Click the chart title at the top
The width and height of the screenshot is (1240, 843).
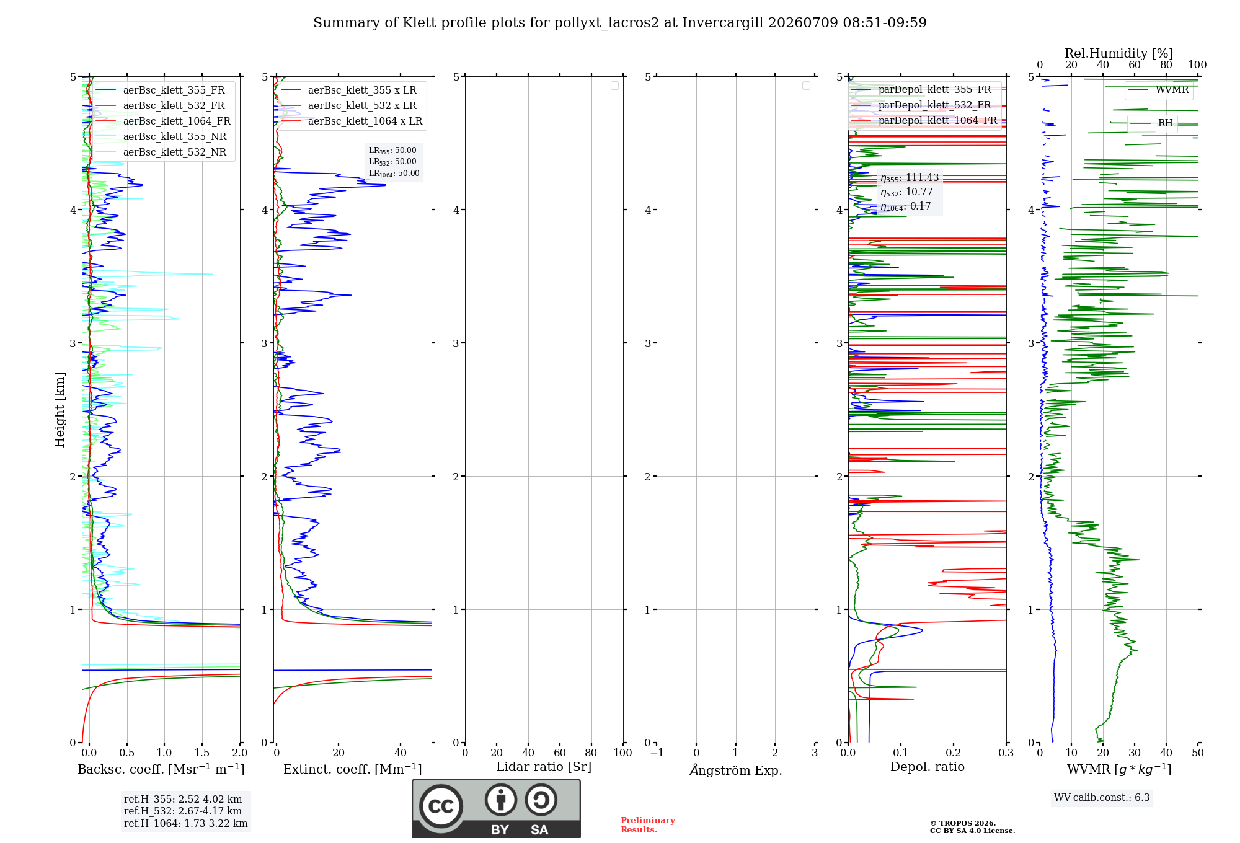[x=619, y=23]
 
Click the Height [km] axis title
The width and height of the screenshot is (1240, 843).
[x=60, y=410]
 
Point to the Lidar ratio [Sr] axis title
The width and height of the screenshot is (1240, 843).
[x=544, y=767]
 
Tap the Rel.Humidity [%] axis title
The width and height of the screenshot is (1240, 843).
[x=1118, y=53]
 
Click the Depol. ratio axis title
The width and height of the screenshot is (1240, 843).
[x=927, y=767]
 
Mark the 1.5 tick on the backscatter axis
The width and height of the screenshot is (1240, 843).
[x=202, y=753]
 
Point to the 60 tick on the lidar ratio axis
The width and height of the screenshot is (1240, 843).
[x=560, y=753]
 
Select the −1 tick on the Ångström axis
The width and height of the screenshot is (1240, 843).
[x=657, y=753]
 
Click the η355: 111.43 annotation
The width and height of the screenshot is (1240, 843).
[x=910, y=178]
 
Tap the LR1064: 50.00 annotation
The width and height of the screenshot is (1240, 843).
[x=394, y=174]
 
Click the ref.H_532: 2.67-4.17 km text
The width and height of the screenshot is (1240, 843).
[x=183, y=811]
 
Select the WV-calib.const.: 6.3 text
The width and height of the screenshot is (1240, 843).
[x=1102, y=797]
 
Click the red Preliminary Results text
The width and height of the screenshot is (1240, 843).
[x=648, y=825]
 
